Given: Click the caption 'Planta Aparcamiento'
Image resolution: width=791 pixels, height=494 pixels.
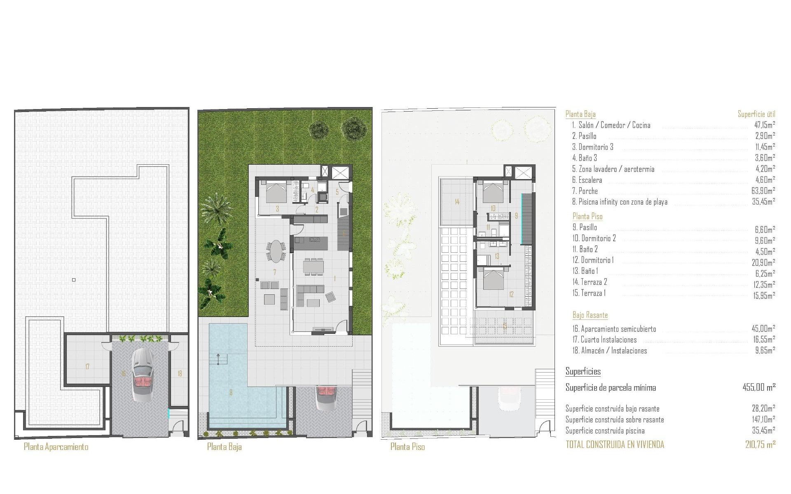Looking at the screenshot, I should [x=56, y=447].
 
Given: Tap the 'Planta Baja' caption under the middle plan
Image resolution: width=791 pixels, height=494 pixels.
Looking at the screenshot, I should [x=224, y=447].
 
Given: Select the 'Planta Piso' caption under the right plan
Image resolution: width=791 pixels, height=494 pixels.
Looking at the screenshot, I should [x=407, y=447].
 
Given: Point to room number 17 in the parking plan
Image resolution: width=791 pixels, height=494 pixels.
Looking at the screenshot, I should [x=87, y=366].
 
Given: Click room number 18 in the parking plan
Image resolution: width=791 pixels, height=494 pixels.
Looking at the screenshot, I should [x=180, y=374].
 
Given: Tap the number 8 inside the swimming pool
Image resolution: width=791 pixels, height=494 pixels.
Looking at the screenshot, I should [x=231, y=392].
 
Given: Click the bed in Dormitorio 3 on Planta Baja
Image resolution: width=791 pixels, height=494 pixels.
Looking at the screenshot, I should [x=276, y=192].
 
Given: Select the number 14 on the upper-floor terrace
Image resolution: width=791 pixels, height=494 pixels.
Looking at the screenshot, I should [x=457, y=202].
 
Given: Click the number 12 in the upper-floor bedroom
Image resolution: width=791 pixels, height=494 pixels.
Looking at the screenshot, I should [x=511, y=294].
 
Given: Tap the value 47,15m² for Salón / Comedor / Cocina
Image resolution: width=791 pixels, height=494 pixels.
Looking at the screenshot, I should [x=765, y=125].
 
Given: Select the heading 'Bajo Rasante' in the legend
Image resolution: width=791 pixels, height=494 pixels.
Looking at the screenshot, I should [x=590, y=315].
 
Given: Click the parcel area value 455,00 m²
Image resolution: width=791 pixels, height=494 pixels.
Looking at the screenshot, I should [x=759, y=387].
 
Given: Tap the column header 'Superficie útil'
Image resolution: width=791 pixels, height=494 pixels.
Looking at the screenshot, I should [x=756, y=114].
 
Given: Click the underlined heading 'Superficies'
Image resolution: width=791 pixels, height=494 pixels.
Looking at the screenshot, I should [x=583, y=372].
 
